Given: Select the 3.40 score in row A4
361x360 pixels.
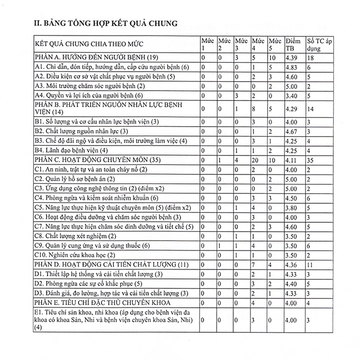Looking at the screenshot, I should tap(290, 95).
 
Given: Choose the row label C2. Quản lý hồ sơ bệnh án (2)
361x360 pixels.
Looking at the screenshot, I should tap(74, 179).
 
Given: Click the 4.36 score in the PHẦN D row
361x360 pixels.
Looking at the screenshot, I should tap(290, 264).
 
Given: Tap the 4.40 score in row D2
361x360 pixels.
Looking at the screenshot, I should tap(290, 283).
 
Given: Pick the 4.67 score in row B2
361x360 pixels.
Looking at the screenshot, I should tap(290, 131).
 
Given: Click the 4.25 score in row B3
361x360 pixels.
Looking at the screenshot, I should tap(290, 141).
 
